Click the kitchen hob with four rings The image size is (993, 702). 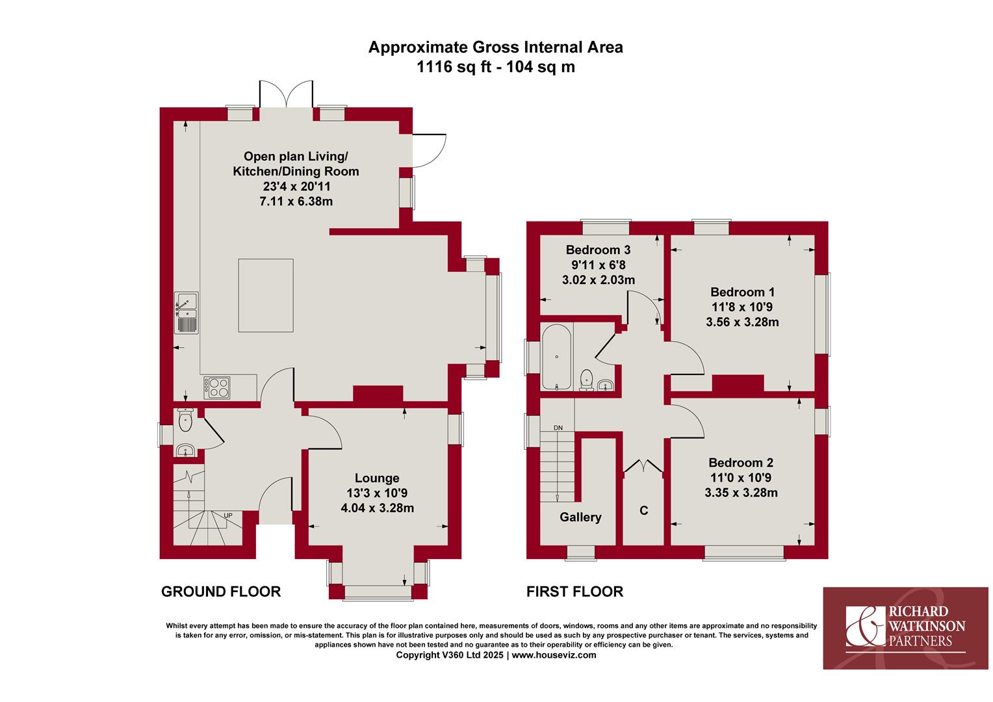coord(217,387)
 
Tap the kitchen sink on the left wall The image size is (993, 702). coord(186,313)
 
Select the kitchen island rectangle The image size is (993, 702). coord(266,295)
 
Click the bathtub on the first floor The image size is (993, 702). coord(556,357)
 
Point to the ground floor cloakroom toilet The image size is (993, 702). coord(185,419)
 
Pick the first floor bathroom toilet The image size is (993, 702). coord(586,380)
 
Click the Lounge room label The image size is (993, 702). coord(377,478)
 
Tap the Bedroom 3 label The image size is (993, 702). coord(598,250)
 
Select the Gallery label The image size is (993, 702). coord(580,517)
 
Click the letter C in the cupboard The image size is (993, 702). coord(643,510)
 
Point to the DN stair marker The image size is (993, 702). coord(558,428)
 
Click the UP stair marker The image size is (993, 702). coord(228,515)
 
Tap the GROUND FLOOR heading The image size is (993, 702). coord(221,591)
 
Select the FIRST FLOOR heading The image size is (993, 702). coord(574,591)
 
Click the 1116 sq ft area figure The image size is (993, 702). coord(454,67)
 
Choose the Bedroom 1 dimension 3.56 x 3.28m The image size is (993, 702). coord(742,322)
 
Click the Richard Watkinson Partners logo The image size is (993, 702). coord(905,628)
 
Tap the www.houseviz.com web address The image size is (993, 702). coord(554,655)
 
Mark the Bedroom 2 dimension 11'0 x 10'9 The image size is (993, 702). coord(741,478)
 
